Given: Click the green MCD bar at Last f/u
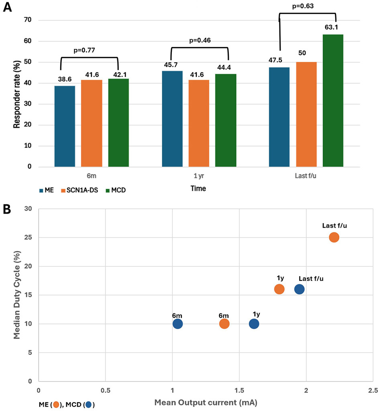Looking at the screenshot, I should click(x=333, y=100).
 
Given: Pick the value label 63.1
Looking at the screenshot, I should click(x=333, y=28).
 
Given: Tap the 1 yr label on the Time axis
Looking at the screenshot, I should click(x=199, y=176).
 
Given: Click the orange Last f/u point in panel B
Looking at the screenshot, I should click(x=334, y=237).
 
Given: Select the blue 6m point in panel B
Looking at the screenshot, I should click(x=177, y=324).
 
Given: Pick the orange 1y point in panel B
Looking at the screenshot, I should click(x=279, y=289).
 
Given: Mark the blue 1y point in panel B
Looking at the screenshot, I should click(x=254, y=324).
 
